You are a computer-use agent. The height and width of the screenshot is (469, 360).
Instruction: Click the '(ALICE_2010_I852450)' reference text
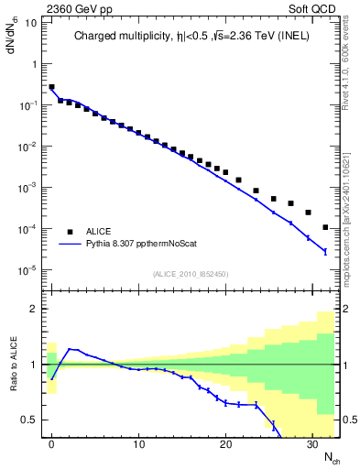[190, 273]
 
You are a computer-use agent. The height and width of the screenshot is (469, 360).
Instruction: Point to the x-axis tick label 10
[138, 444]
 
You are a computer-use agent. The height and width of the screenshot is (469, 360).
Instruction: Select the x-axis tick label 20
[224, 444]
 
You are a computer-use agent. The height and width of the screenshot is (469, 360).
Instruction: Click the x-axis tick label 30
[311, 444]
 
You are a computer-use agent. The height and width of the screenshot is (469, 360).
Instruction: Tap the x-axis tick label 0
[52, 444]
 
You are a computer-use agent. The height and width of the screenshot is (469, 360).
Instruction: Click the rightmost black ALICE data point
[325, 227]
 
